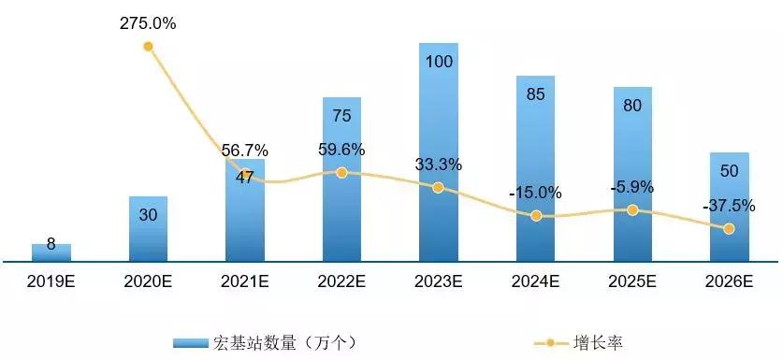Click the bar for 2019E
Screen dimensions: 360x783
point(51,252)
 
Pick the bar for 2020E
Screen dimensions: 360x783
point(148,229)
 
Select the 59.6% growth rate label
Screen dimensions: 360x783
point(341,150)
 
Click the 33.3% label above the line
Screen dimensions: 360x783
point(439,165)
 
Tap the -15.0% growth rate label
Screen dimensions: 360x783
point(536,193)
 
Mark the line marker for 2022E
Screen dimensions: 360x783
point(341,172)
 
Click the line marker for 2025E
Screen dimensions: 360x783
point(632,210)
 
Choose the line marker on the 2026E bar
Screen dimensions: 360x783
point(730,228)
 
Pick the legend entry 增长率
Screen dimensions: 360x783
point(599,343)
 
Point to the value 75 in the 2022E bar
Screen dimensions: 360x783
point(341,116)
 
